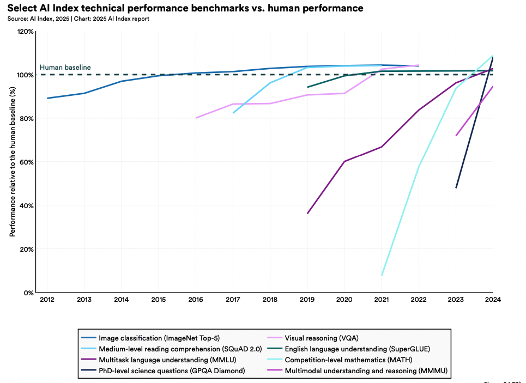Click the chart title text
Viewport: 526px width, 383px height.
[185, 8]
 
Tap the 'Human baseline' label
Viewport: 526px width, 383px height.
[65, 68]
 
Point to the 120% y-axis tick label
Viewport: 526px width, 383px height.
[25, 32]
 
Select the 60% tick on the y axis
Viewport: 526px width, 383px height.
[26, 162]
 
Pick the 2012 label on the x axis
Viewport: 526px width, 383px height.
[47, 299]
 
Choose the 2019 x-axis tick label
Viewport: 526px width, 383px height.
[307, 299]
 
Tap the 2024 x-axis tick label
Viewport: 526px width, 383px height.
[493, 299]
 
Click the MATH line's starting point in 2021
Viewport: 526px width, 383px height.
[382, 275]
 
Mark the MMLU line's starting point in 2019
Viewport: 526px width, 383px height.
[307, 213]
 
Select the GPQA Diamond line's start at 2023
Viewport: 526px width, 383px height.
[456, 188]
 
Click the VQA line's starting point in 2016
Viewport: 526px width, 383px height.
[196, 118]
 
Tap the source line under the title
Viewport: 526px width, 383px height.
[78, 19]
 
